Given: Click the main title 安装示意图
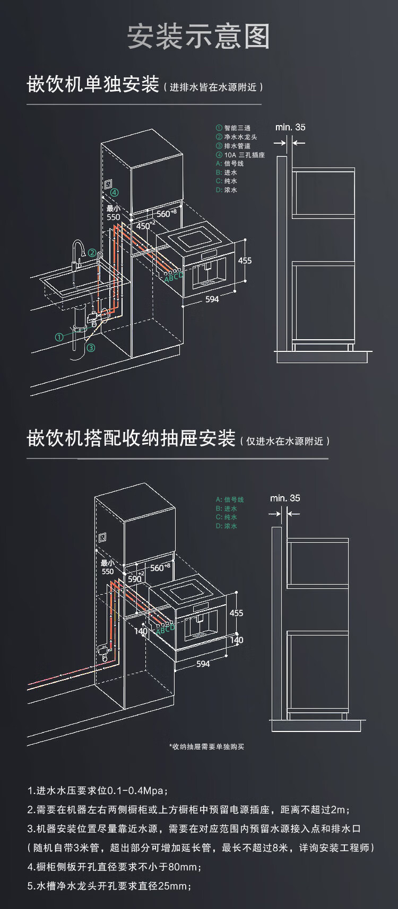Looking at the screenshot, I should click(x=198, y=37).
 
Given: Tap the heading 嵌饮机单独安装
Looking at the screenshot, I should click(x=93, y=85).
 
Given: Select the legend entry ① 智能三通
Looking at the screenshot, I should click(x=233, y=128).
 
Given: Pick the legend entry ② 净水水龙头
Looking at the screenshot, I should click(x=236, y=137).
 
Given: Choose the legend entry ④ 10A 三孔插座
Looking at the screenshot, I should click(x=240, y=155).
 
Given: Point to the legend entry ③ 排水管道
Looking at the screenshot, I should click(x=233, y=146).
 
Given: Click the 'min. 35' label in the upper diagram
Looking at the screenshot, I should click(x=290, y=127).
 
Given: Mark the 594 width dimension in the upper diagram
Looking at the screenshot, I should click(x=212, y=299).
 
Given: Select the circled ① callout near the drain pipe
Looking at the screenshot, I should click(x=59, y=337).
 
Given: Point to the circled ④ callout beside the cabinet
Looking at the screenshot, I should click(x=115, y=193).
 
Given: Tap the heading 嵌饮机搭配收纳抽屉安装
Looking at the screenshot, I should click(x=131, y=439).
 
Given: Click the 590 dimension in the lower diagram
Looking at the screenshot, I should click(x=135, y=579).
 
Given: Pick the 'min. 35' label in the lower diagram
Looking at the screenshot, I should click(x=285, y=498).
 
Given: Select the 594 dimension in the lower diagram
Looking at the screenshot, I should click(x=203, y=664).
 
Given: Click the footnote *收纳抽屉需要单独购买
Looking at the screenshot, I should click(x=207, y=747).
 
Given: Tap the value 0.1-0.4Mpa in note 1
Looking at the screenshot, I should click(x=135, y=791).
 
